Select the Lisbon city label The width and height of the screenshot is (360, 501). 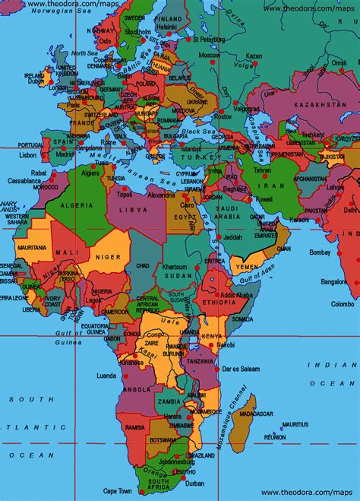(x=27, y=155)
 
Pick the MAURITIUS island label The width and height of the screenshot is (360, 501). (x=295, y=423)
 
